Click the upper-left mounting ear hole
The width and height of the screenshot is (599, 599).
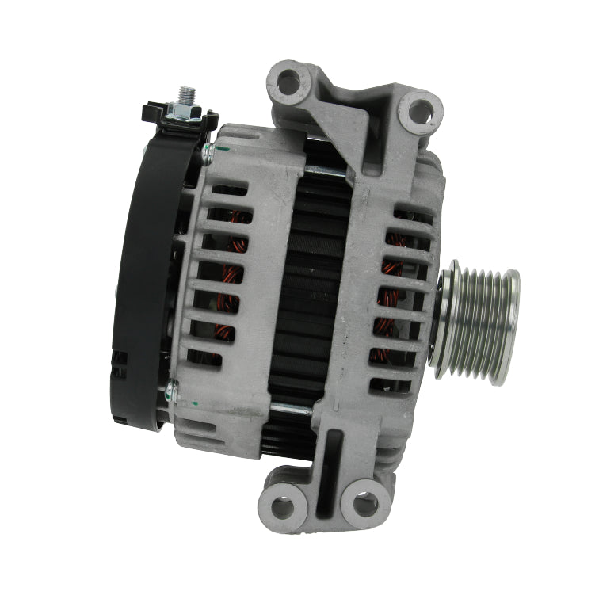[290, 80]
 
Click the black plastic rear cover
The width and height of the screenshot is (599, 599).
[143, 277]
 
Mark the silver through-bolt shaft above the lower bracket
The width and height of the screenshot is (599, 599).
[292, 409]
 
